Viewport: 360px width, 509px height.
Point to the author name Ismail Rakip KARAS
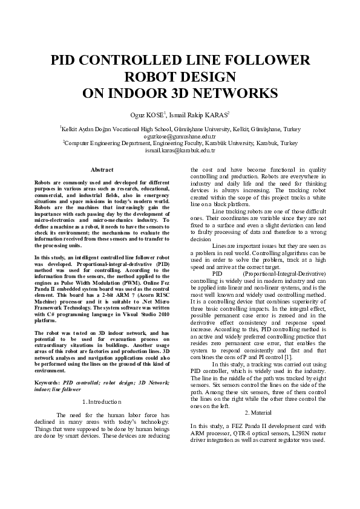(197, 115)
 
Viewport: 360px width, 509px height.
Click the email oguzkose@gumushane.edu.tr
(180, 137)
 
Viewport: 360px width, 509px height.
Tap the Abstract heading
(102, 170)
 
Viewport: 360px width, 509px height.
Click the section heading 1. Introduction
(102, 401)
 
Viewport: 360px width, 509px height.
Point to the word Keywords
(47, 383)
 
